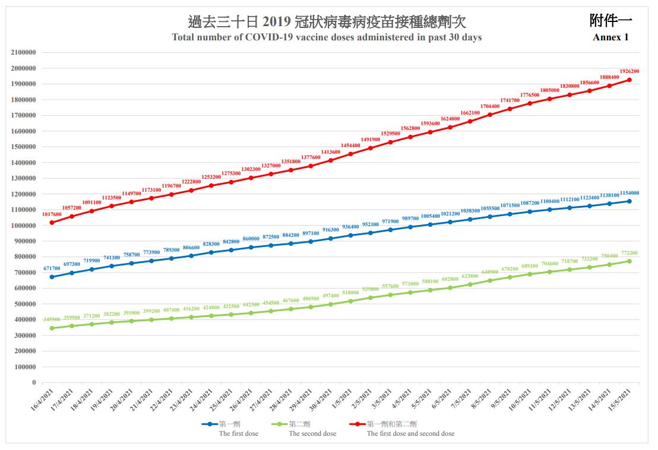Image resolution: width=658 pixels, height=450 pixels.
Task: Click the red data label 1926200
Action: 629,71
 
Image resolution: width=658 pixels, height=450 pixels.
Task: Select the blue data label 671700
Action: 52,269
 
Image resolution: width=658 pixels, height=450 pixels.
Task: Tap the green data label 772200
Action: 629,253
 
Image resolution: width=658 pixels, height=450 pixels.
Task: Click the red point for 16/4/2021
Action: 52,223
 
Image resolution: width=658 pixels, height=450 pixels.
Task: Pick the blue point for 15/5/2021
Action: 629,201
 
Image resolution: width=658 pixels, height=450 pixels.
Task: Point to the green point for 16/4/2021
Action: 52,328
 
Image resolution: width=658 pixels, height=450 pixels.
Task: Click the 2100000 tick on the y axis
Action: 24,52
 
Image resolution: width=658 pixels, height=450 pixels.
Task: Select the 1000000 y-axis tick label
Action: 24,226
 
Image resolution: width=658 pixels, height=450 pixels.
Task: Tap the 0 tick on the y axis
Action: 34,383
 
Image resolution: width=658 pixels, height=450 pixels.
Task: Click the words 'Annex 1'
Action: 610,37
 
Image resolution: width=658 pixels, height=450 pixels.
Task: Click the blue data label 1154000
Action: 629,193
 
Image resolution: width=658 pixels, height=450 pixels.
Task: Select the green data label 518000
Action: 350,293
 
